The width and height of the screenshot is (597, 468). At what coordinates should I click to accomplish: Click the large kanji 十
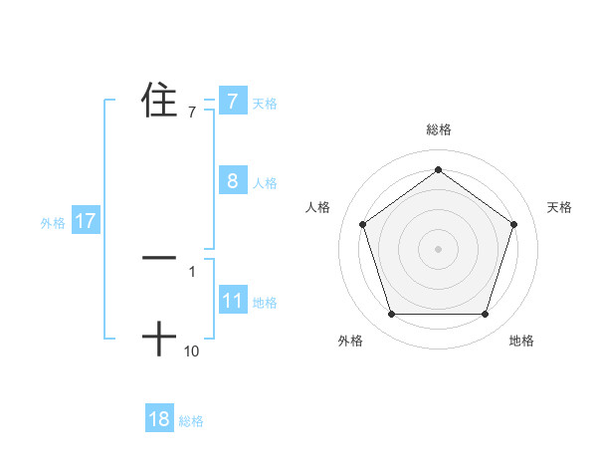(159, 340)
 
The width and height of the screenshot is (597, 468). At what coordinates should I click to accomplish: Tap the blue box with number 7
(232, 101)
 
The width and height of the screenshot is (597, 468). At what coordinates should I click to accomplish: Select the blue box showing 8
(232, 180)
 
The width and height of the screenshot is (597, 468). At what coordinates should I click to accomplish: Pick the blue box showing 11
(232, 301)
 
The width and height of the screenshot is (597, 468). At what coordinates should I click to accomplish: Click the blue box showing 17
(85, 221)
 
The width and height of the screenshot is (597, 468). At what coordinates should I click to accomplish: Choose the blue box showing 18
(159, 419)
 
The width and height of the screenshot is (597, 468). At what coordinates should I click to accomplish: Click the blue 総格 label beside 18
(192, 421)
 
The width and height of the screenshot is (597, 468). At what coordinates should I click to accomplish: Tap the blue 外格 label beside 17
(53, 223)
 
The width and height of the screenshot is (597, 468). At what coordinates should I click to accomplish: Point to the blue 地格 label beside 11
(265, 303)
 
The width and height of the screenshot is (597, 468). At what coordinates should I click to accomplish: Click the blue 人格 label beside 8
(265, 183)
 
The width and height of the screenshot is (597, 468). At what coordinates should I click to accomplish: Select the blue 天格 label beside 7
(265, 103)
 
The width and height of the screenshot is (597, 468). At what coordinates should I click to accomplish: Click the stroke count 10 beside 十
(192, 351)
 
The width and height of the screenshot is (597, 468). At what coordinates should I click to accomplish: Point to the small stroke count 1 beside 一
(192, 271)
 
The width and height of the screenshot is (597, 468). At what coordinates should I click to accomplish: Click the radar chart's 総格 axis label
(438, 129)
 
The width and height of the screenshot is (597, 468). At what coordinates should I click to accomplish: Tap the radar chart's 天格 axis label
(560, 207)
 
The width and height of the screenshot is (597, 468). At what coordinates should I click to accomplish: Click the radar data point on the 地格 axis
(485, 315)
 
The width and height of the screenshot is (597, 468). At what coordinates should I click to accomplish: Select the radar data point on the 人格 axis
(362, 224)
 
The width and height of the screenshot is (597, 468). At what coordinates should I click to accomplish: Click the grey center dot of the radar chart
(438, 248)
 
